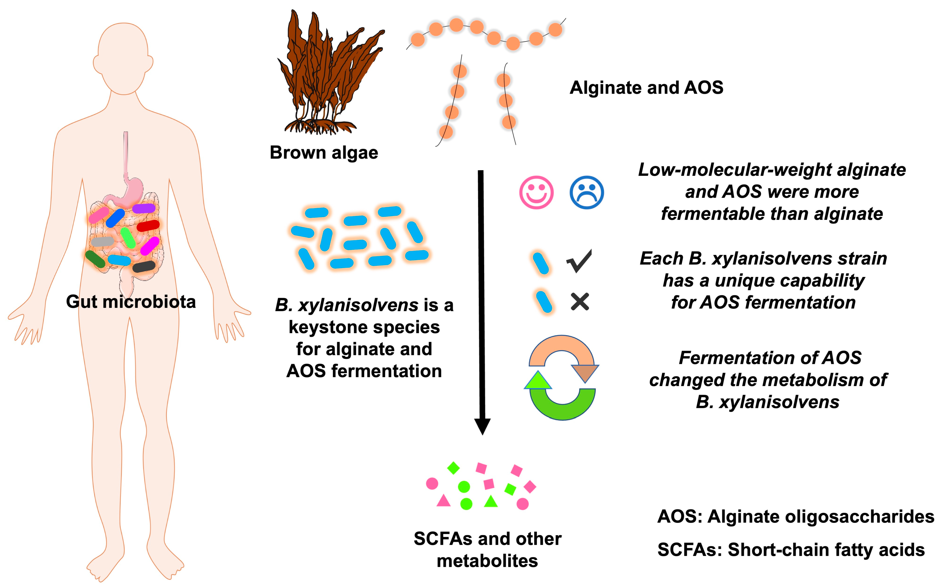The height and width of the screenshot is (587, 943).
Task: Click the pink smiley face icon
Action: click(x=536, y=193)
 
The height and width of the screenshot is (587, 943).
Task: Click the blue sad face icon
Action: click(x=586, y=193)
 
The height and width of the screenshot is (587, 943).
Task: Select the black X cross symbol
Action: click(x=580, y=302)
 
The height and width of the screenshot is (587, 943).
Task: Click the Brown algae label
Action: click(x=324, y=152)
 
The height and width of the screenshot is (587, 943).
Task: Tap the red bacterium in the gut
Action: click(x=148, y=225)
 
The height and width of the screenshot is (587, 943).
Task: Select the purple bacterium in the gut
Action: click(x=144, y=208)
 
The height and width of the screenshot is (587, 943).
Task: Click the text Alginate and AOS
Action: click(x=646, y=88)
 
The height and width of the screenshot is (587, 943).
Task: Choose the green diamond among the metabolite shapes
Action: click(x=453, y=468)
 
